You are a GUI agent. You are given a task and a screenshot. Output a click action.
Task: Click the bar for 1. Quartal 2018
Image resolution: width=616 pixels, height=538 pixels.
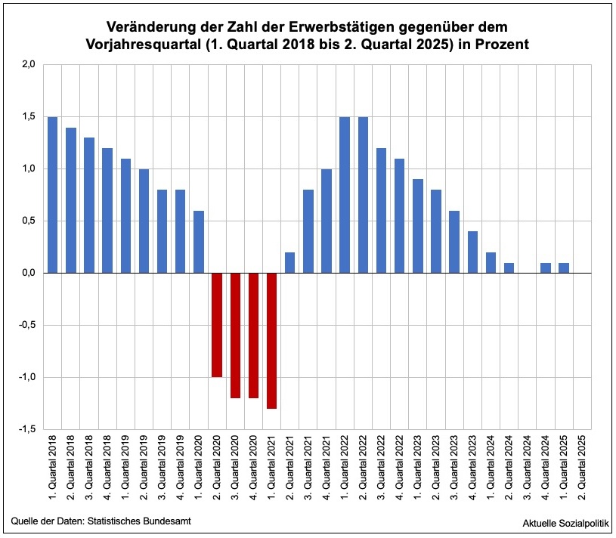(52, 195)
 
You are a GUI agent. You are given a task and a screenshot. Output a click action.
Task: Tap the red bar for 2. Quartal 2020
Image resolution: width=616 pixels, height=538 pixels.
(217, 325)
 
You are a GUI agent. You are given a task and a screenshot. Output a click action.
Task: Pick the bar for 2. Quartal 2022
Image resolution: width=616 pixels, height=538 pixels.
(363, 195)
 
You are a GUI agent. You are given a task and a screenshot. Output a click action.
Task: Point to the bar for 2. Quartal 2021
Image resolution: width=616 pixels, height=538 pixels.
(289, 262)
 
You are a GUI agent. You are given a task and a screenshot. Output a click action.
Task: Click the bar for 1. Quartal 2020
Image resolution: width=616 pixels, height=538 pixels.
(198, 242)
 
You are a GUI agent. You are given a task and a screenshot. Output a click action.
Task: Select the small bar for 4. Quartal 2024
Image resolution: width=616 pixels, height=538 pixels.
(546, 267)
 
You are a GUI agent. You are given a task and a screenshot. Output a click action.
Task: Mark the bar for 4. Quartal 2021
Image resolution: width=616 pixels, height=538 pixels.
(327, 221)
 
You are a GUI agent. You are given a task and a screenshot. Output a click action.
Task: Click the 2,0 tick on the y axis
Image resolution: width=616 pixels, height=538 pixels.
(28, 64)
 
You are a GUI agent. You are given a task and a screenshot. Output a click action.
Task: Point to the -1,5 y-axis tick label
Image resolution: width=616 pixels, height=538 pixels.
(26, 429)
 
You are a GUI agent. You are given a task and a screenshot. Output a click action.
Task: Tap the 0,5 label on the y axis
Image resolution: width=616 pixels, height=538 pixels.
(28, 221)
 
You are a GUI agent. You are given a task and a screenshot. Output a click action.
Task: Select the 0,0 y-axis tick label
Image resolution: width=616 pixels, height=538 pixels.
(28, 273)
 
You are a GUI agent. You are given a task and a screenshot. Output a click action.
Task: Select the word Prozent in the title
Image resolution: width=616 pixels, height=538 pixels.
(502, 45)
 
